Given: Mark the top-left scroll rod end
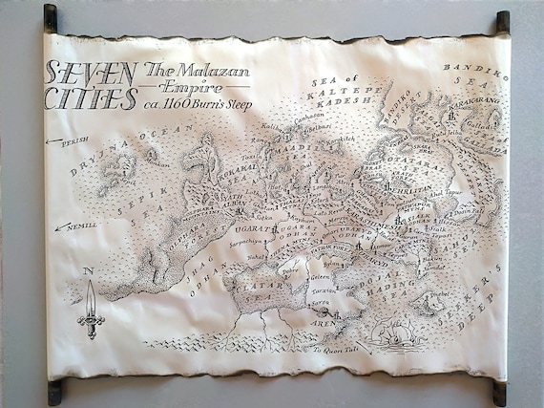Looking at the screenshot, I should [x=51, y=18].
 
